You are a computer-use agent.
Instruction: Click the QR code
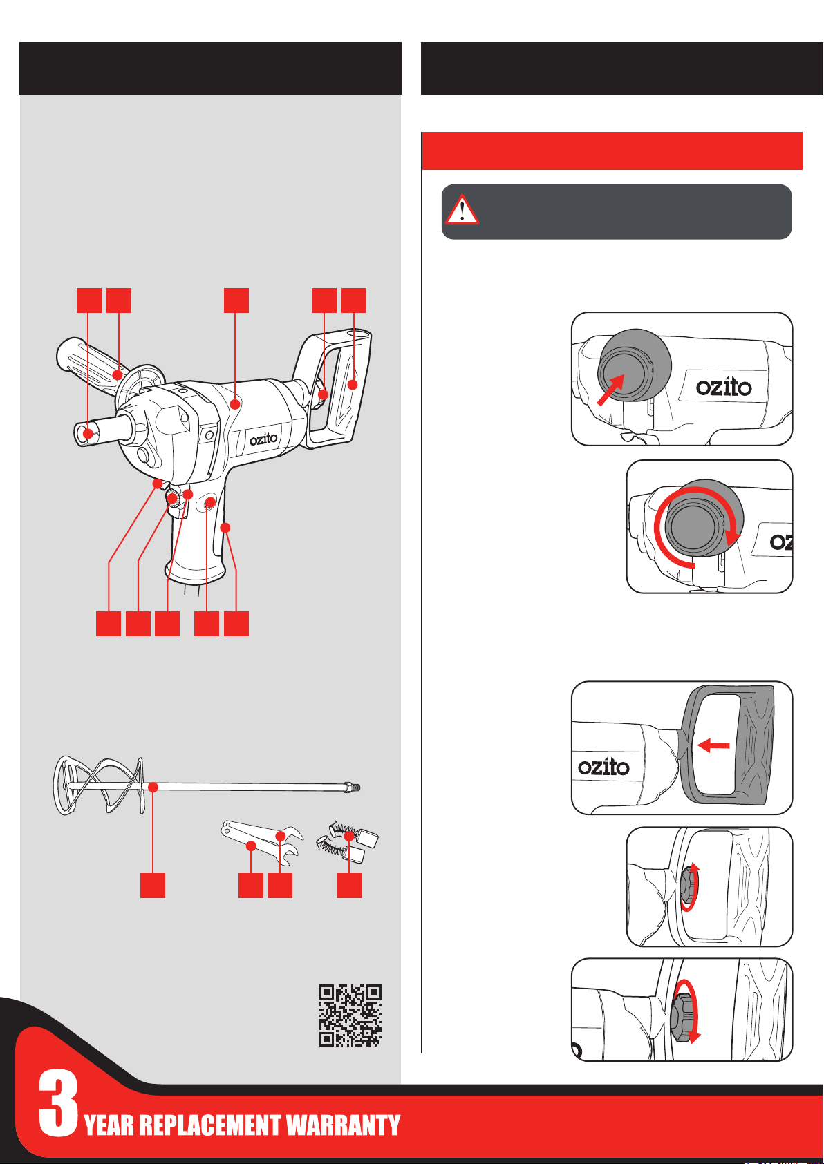(x=350, y=1015)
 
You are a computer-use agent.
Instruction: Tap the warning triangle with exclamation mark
(x=462, y=209)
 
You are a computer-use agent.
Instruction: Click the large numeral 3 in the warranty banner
(x=58, y=1103)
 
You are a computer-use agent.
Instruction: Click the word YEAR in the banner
(x=109, y=1125)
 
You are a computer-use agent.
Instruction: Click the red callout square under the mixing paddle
(x=153, y=886)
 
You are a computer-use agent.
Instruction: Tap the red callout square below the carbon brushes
(x=349, y=886)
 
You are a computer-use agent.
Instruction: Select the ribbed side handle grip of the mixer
(x=86, y=359)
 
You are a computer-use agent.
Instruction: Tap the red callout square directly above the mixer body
(x=236, y=300)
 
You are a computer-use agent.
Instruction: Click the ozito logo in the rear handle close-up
(x=603, y=767)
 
